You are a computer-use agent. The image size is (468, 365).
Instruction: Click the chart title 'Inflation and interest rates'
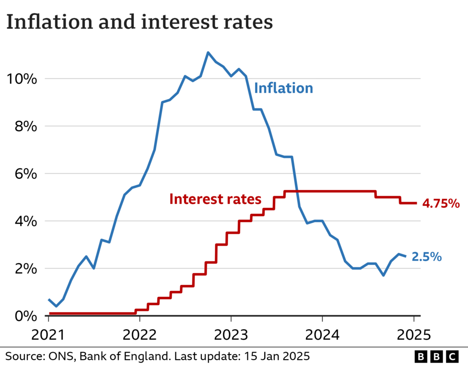tap(140, 23)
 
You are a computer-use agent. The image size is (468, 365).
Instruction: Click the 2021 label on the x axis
tap(48, 334)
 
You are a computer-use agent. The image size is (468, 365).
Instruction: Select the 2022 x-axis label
tap(140, 334)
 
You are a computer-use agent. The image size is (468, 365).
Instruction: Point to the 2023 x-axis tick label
tap(231, 334)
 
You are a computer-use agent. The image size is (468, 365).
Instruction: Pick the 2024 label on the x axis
tap(322, 334)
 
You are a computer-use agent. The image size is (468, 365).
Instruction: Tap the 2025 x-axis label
tap(413, 334)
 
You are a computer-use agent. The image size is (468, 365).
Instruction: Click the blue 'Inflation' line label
tap(283, 88)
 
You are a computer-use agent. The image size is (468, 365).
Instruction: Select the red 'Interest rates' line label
tap(215, 199)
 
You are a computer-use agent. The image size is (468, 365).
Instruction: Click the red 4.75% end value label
tap(441, 204)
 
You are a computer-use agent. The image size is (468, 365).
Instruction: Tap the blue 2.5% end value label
tap(426, 257)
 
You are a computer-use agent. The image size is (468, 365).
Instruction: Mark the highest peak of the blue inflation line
tap(208, 53)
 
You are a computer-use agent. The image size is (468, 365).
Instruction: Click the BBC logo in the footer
tap(436, 356)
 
